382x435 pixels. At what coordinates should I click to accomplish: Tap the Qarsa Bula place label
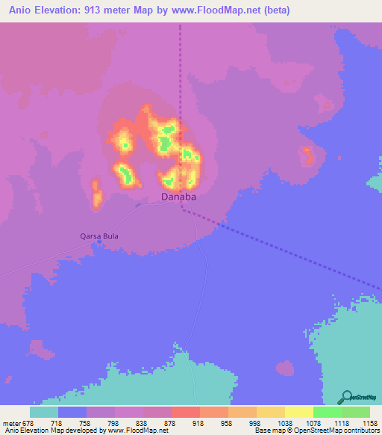click(x=99, y=236)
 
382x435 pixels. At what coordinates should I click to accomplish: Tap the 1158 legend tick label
click(x=369, y=422)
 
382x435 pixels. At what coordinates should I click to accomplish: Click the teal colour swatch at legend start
click(x=44, y=412)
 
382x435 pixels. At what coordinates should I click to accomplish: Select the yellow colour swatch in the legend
click(x=298, y=412)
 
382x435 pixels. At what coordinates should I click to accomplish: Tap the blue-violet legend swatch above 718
click(x=72, y=412)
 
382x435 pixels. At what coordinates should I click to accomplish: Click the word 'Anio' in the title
click(x=21, y=10)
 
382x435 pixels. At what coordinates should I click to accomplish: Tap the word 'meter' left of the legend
click(x=10, y=422)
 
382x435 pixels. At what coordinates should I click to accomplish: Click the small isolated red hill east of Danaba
click(x=306, y=156)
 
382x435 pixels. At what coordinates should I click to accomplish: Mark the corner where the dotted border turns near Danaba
click(x=183, y=210)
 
